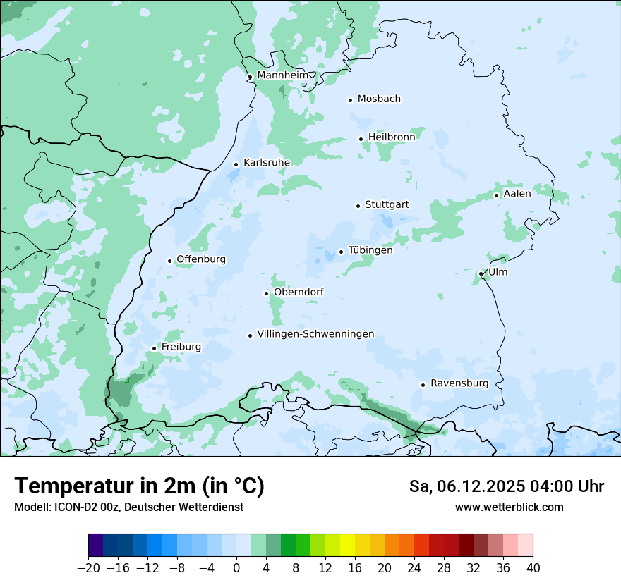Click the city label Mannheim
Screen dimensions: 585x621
click(282, 75)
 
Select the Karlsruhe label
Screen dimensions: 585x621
click(267, 163)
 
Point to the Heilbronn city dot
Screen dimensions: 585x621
click(361, 139)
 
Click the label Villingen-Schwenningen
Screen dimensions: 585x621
click(315, 334)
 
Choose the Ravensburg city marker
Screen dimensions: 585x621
click(423, 385)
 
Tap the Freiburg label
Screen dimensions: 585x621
click(181, 347)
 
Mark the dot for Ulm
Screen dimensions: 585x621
click(481, 273)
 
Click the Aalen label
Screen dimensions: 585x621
click(517, 193)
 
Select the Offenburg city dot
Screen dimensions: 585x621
click(170, 261)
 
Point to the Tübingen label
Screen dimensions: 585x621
click(370, 250)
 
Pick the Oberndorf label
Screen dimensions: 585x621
click(299, 292)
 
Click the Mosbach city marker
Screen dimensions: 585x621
click(351, 100)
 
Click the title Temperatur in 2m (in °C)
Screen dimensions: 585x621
click(139, 486)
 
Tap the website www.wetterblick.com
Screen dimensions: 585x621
click(510, 507)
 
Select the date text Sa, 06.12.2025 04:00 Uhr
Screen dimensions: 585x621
click(506, 486)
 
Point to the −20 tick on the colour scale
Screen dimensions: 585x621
click(88, 568)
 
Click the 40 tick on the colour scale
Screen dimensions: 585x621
click(533, 568)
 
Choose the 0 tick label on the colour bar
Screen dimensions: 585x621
click(236, 568)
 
